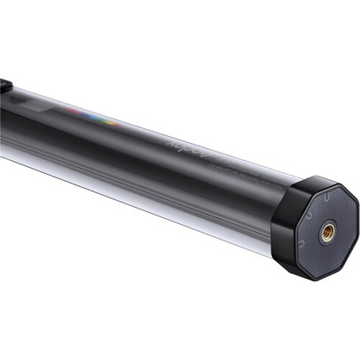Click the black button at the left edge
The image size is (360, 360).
[3, 85]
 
